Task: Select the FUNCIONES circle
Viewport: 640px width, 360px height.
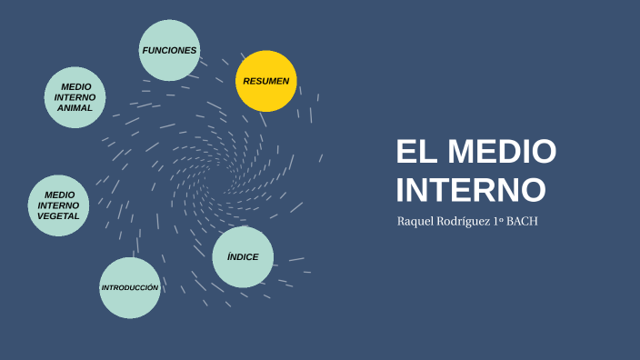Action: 169,50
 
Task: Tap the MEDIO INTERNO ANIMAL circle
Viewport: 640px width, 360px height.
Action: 75,97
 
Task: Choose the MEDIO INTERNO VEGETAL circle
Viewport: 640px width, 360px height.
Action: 59,205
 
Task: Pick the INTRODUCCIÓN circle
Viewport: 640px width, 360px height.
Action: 130,288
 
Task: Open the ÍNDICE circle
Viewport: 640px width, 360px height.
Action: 243,257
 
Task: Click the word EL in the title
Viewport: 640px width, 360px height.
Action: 415,152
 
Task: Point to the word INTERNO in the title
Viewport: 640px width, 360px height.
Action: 471,190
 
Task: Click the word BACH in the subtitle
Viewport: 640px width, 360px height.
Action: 523,222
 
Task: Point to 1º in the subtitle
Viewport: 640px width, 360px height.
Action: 498,222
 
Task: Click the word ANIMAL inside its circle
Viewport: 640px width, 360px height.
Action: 75,108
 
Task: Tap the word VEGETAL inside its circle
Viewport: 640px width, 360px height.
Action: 59,216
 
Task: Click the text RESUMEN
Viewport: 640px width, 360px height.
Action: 266,81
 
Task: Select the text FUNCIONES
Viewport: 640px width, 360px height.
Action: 169,50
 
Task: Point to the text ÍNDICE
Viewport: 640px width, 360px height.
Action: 243,257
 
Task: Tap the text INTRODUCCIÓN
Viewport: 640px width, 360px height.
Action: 130,288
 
